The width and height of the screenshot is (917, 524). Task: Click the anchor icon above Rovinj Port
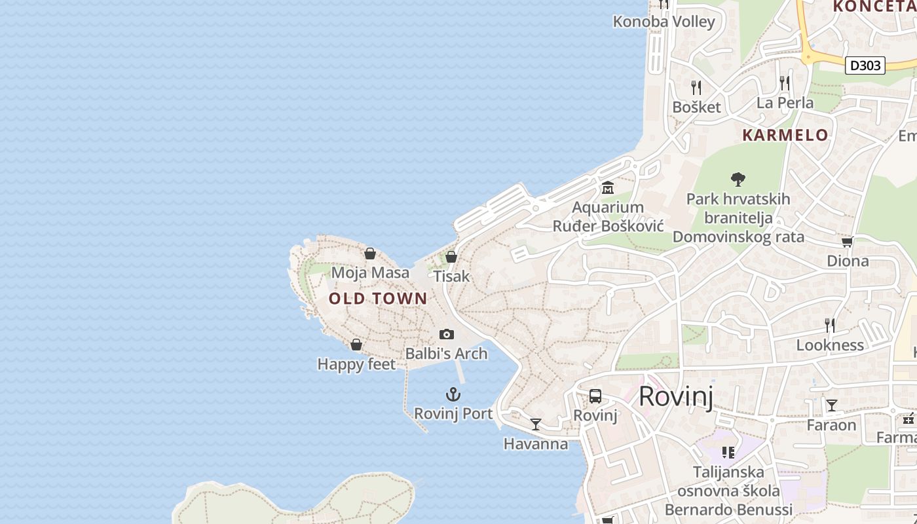tap(453, 394)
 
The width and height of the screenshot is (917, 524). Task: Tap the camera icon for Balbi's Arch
tap(447, 335)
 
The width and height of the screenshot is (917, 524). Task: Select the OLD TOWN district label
tap(378, 299)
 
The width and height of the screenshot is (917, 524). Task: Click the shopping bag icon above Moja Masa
tap(370, 253)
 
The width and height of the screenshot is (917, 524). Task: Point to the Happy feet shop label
tap(356, 364)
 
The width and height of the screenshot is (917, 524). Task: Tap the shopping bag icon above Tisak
tap(451, 257)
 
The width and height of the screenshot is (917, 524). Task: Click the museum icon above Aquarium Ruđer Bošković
tap(608, 189)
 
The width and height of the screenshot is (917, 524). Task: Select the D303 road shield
tap(865, 65)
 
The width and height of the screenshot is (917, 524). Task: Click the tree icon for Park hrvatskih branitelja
tap(738, 179)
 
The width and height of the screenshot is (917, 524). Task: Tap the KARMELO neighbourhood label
tap(785, 136)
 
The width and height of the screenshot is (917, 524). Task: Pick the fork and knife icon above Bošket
tap(696, 87)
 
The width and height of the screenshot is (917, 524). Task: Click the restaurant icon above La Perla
tap(785, 83)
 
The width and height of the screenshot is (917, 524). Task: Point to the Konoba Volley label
tap(664, 22)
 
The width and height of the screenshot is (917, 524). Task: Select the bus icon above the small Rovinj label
tap(595, 396)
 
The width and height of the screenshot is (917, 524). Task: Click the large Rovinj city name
tap(676, 396)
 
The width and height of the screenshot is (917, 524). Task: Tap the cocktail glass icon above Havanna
tap(536, 424)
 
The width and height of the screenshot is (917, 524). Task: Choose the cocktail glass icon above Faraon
tap(831, 405)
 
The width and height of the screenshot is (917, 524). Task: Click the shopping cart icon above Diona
tap(847, 242)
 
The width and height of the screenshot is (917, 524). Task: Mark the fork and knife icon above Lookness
tap(829, 325)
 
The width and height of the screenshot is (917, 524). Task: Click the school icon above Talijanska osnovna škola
tap(728, 452)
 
